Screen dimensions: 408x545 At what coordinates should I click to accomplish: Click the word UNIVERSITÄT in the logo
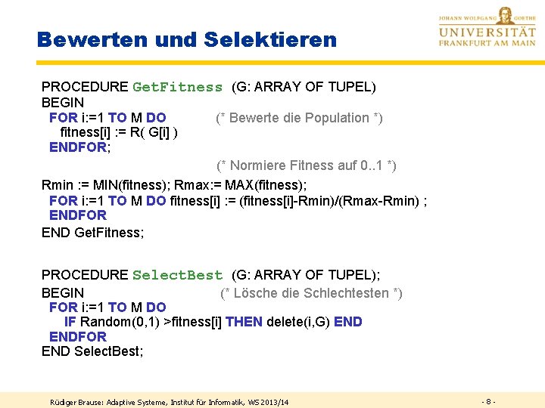point(487,32)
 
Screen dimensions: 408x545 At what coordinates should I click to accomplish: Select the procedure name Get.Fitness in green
point(177,87)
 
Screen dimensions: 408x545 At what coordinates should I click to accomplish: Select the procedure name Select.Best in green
point(177,275)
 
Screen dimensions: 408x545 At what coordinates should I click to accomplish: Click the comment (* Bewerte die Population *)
point(299,118)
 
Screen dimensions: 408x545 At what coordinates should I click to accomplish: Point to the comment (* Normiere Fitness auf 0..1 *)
point(307,165)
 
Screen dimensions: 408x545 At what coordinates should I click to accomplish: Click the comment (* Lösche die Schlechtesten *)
point(311,293)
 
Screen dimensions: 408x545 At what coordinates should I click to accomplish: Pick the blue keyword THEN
point(244,322)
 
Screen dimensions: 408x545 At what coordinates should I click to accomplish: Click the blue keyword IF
point(70,322)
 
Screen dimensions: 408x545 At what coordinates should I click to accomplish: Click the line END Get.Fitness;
point(92,233)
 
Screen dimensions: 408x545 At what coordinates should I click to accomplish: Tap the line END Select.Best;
point(92,351)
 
